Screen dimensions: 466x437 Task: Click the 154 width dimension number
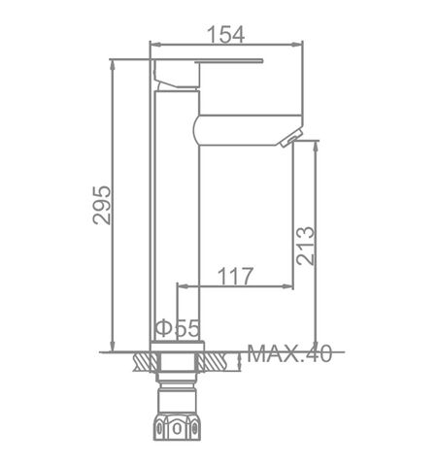tap(226, 33)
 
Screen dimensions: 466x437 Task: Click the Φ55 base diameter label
tap(176, 329)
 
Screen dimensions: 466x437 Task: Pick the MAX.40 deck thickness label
tap(289, 353)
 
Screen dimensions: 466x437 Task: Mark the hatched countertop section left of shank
tap(144, 361)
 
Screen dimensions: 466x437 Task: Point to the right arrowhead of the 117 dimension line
tap(288, 286)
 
